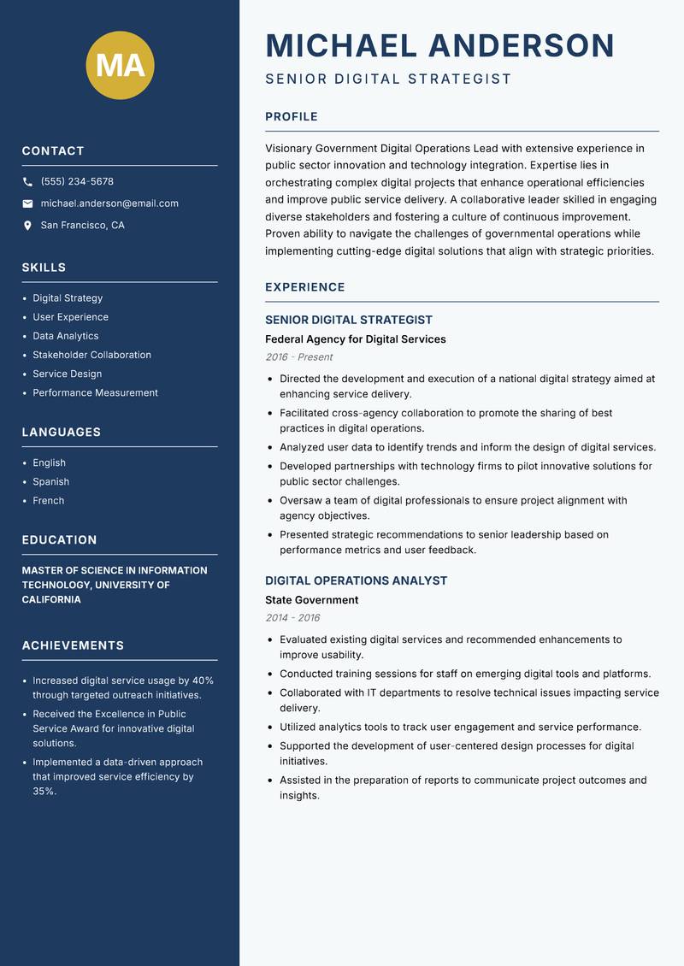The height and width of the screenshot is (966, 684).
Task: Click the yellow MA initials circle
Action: point(121,65)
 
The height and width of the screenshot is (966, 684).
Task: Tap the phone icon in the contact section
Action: point(27,182)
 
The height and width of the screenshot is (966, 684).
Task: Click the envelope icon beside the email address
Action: point(27,203)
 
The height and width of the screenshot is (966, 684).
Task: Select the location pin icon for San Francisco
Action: point(27,226)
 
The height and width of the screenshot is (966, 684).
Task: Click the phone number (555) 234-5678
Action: point(77,181)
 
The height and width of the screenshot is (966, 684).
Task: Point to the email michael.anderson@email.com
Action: point(109,203)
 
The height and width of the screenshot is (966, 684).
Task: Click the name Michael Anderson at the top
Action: point(439,45)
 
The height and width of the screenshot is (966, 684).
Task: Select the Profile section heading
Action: point(292,117)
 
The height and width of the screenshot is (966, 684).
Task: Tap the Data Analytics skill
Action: point(66,336)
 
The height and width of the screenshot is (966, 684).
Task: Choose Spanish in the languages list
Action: point(51,481)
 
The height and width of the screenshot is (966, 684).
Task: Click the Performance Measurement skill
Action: point(96,392)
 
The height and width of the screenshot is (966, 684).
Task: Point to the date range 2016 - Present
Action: point(298,357)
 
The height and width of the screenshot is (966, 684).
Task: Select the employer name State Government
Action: point(311,600)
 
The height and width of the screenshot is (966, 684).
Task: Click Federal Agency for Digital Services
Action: point(356,339)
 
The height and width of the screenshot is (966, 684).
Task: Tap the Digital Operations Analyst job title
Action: point(356,580)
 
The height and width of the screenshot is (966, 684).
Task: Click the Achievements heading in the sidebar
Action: point(73,645)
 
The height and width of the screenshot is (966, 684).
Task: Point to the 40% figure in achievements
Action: point(203,680)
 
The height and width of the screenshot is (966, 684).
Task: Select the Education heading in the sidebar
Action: point(59,540)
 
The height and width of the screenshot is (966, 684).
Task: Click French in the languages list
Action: point(49,500)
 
